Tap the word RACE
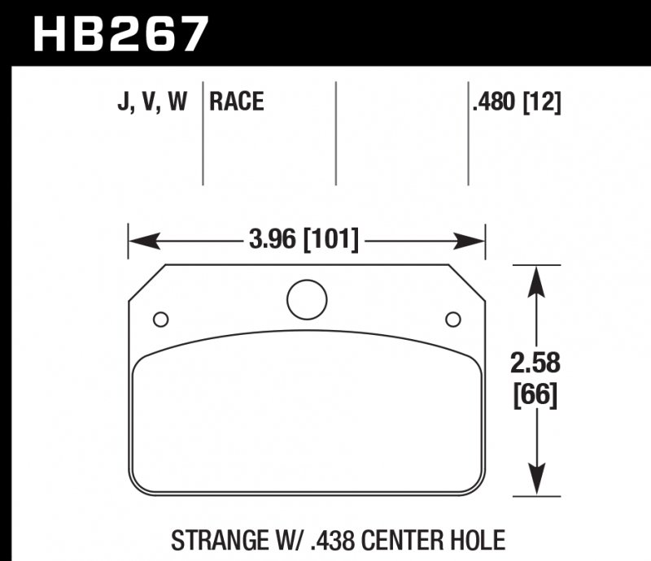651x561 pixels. click(237, 102)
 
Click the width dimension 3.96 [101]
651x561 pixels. click(302, 241)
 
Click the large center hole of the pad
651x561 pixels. click(306, 298)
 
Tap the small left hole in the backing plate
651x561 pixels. click(160, 318)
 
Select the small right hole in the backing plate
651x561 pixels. click(452, 318)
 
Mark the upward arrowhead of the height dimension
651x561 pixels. click(535, 280)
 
